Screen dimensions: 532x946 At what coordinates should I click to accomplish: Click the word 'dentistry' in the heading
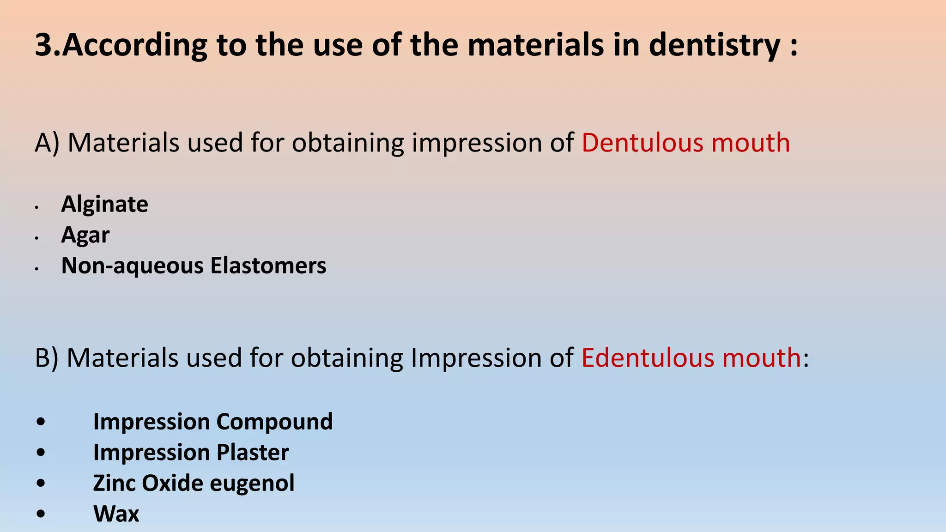(714, 45)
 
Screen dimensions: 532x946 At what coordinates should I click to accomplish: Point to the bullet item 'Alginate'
(104, 204)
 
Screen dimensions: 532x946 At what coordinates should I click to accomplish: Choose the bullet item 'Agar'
(85, 235)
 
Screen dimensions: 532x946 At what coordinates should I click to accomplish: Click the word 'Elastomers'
(268, 266)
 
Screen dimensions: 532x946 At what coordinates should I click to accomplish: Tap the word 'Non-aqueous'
(132, 266)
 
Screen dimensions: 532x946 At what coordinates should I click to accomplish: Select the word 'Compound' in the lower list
(274, 422)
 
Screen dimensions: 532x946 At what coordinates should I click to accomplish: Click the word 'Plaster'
(253, 452)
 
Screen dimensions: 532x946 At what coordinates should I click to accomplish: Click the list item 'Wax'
(116, 514)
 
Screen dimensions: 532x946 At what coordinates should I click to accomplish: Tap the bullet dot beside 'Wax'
(41, 514)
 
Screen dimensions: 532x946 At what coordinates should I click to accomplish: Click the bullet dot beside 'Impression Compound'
(41, 422)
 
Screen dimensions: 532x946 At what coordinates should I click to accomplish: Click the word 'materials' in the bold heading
(536, 45)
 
